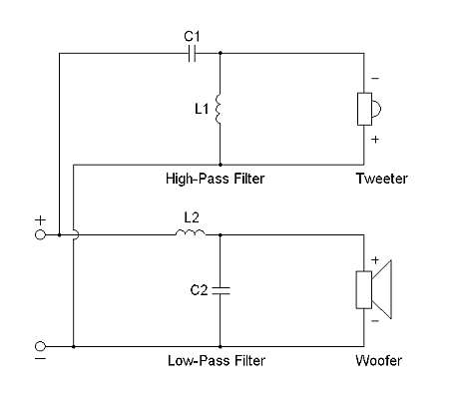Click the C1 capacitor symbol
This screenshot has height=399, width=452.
(x=192, y=53)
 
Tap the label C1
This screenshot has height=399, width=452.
(x=192, y=36)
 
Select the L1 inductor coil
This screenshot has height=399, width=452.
(x=219, y=109)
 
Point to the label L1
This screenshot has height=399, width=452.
(x=202, y=109)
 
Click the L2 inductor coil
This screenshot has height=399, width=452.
(x=191, y=232)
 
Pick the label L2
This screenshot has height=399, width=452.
(x=192, y=217)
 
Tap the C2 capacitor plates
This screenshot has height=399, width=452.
(x=220, y=290)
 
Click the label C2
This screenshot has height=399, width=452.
(x=199, y=290)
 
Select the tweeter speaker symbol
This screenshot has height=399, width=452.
(x=369, y=109)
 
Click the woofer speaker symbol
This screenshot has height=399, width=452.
(x=373, y=289)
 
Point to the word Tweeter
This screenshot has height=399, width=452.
(x=382, y=179)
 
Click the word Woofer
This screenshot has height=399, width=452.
(x=378, y=360)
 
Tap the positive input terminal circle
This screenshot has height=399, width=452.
(x=40, y=234)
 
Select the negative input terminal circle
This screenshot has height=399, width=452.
(x=40, y=346)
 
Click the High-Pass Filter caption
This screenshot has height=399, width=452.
(x=216, y=179)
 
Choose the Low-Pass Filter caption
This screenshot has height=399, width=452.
(x=217, y=361)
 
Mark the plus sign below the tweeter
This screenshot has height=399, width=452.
(x=375, y=139)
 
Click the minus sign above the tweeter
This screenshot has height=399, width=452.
(x=375, y=79)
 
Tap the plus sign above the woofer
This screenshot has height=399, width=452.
(x=375, y=259)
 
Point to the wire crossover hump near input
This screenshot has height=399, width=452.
(x=78, y=234)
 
